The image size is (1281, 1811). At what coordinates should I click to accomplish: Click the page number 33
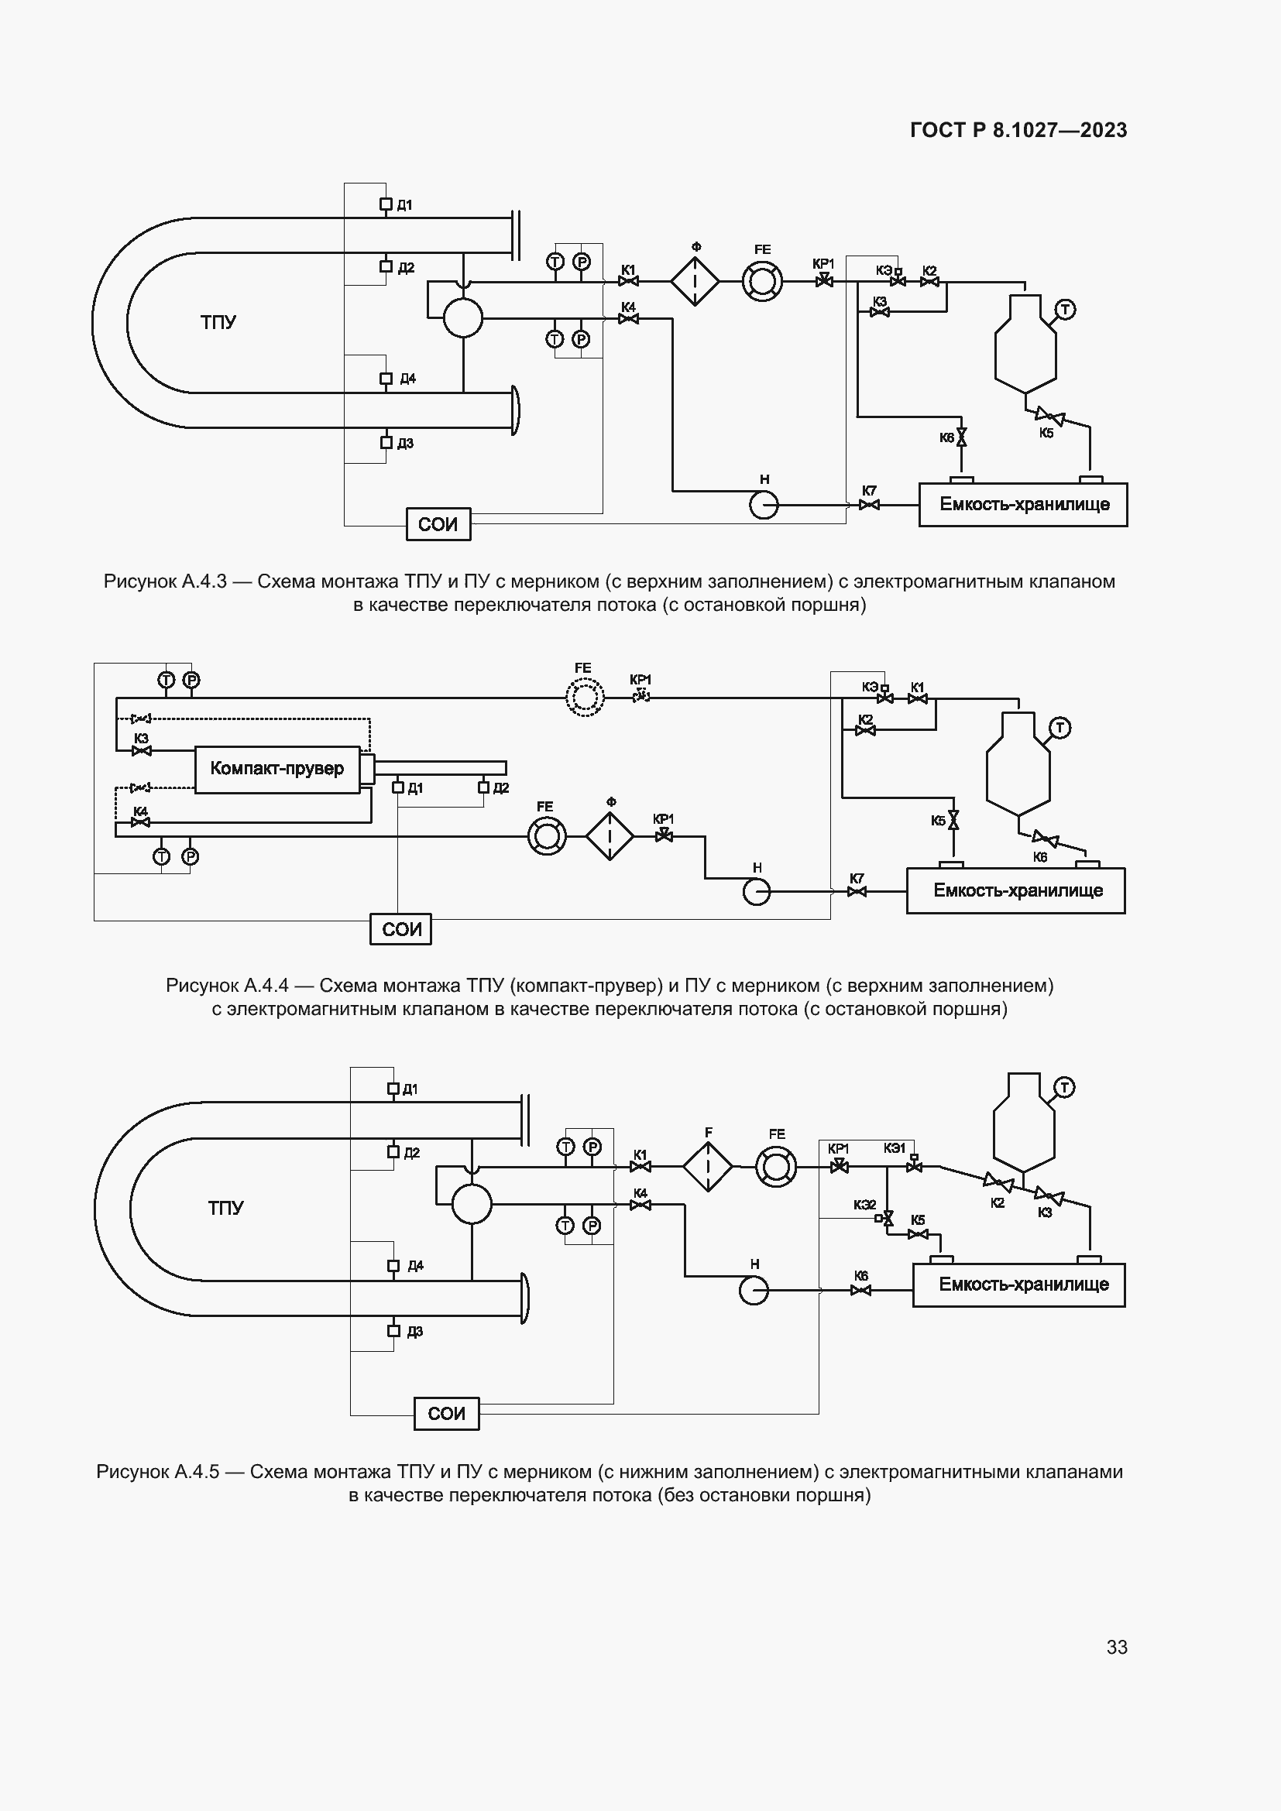coord(1116,1647)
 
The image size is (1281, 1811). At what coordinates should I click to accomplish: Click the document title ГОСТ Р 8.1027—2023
coord(1018,130)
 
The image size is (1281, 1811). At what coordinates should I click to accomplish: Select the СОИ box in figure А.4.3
coord(438,524)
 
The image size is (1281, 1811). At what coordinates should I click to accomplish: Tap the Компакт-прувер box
coord(276,769)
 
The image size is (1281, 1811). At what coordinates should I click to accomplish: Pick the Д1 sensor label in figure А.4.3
coord(404,206)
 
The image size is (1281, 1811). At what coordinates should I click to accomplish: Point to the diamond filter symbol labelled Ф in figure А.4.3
coord(695,281)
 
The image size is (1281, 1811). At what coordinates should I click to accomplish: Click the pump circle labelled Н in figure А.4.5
coord(754,1291)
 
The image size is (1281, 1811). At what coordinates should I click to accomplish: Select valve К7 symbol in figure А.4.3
coord(869,505)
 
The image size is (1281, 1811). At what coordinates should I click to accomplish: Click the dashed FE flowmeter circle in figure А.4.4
coord(585,698)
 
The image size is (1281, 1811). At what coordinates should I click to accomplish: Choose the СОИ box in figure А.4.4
coord(400,929)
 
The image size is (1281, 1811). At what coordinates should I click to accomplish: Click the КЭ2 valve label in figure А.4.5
coord(864,1206)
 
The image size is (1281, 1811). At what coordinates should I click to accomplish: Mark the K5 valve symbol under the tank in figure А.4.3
coord(1050,416)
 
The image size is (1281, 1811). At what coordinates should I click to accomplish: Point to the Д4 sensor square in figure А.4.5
coord(393,1266)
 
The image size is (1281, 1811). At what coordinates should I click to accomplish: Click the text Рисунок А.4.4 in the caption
coord(227,985)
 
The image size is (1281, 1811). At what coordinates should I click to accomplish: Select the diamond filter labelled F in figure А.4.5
coord(708,1167)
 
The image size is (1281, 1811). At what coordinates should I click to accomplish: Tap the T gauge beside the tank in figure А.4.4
coord(1059,728)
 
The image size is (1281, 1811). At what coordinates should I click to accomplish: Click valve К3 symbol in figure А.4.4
coord(142,751)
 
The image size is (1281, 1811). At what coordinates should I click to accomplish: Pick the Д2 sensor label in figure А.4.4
coord(501,788)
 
